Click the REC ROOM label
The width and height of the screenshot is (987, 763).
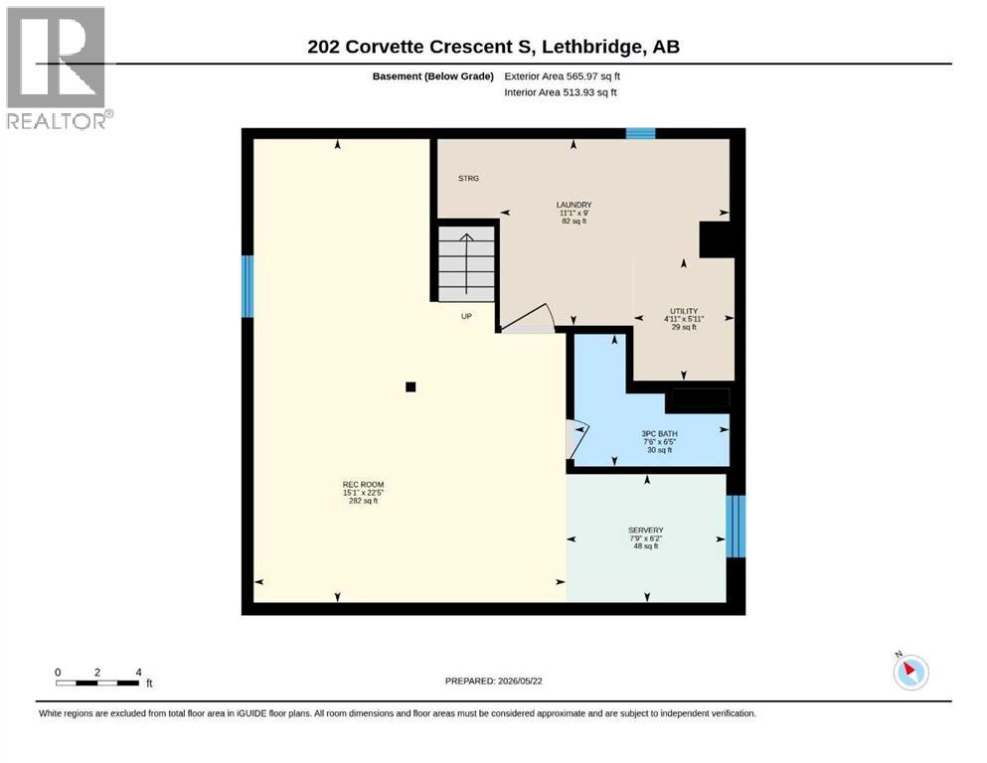[x=363, y=485]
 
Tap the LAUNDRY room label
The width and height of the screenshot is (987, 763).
[x=575, y=205]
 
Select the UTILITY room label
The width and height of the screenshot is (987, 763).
[x=684, y=311]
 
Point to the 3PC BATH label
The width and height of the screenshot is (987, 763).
[x=660, y=433]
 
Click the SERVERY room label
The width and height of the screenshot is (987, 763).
[x=646, y=531]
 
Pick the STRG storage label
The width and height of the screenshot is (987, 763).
[x=468, y=179]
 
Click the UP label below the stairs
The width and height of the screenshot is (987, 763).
[x=466, y=316]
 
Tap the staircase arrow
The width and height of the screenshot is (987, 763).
[x=466, y=263]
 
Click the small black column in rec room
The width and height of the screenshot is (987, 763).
[x=411, y=386]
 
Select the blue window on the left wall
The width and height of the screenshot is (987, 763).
[x=247, y=286]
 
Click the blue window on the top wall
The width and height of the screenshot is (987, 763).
[x=640, y=133]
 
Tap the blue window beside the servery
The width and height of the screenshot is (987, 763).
[x=736, y=527]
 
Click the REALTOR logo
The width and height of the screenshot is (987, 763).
[x=59, y=68]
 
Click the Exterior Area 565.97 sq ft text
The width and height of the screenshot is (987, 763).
[x=563, y=76]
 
